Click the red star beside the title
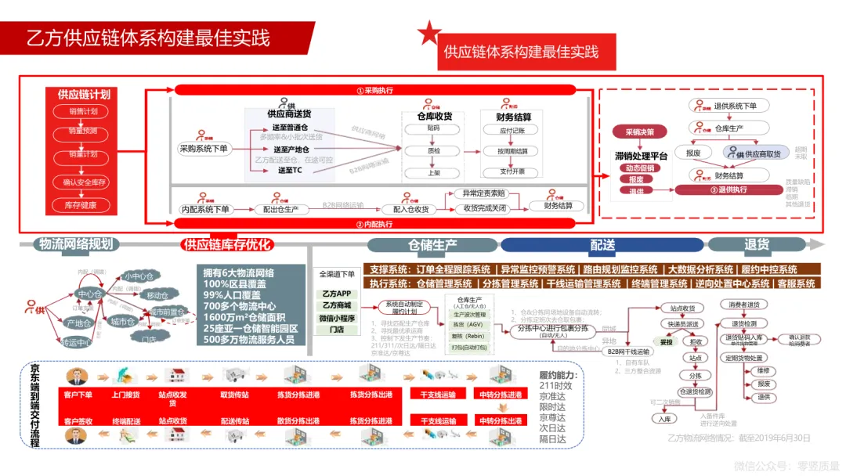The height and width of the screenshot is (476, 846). pyautogui.click(x=428, y=34)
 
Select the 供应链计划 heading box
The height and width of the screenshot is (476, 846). pyautogui.click(x=83, y=95)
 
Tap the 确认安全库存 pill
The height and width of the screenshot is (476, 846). pyautogui.click(x=83, y=183)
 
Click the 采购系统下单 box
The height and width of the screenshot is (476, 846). pyautogui.click(x=204, y=148)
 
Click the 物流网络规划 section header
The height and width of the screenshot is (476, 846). pyautogui.click(x=76, y=244)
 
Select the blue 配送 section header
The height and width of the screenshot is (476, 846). pyautogui.click(x=602, y=244)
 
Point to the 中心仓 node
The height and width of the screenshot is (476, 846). pyautogui.click(x=91, y=294)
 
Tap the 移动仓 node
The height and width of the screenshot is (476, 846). pyautogui.click(x=157, y=296)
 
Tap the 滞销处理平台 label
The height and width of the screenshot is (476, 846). pyautogui.click(x=641, y=156)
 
